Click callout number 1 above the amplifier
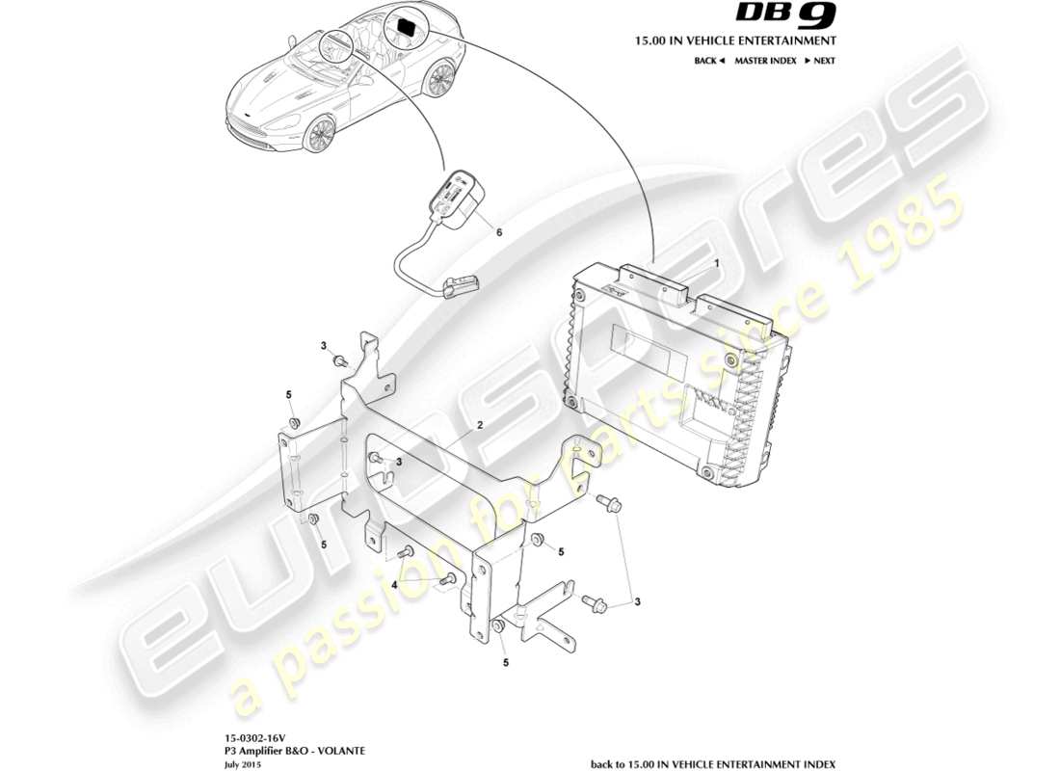click(716, 262)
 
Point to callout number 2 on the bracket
click(479, 425)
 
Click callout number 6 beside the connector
click(498, 232)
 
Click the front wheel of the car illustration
click(317, 135)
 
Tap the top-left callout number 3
click(325, 345)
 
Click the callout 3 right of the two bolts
click(637, 602)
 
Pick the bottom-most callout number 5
click(506, 663)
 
